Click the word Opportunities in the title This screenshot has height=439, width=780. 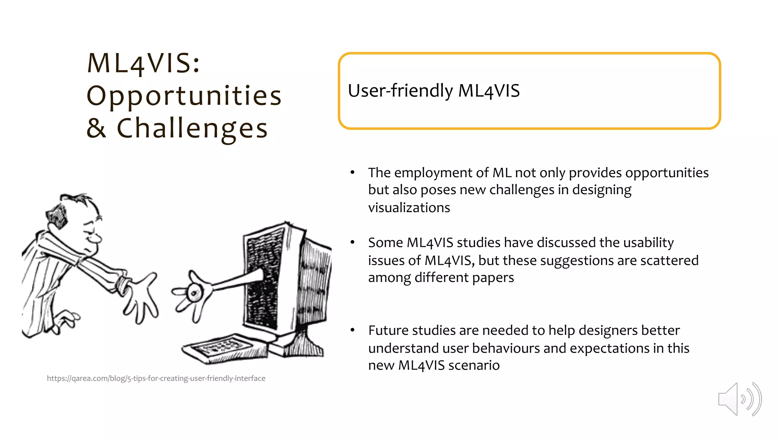tap(184, 96)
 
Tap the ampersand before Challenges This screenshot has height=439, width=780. tap(96, 128)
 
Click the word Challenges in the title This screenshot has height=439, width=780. tap(192, 129)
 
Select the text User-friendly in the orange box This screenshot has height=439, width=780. tap(400, 91)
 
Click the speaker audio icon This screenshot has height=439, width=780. tap(739, 399)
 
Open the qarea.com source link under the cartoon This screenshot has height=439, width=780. tap(156, 378)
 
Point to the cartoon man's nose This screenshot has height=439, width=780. tap(97, 239)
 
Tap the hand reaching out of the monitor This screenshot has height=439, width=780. tap(192, 293)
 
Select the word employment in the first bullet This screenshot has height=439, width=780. tap(434, 173)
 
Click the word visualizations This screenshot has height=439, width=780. tap(409, 208)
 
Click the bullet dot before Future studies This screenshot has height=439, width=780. tap(353, 330)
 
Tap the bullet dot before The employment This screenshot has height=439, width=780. tap(353, 173)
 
